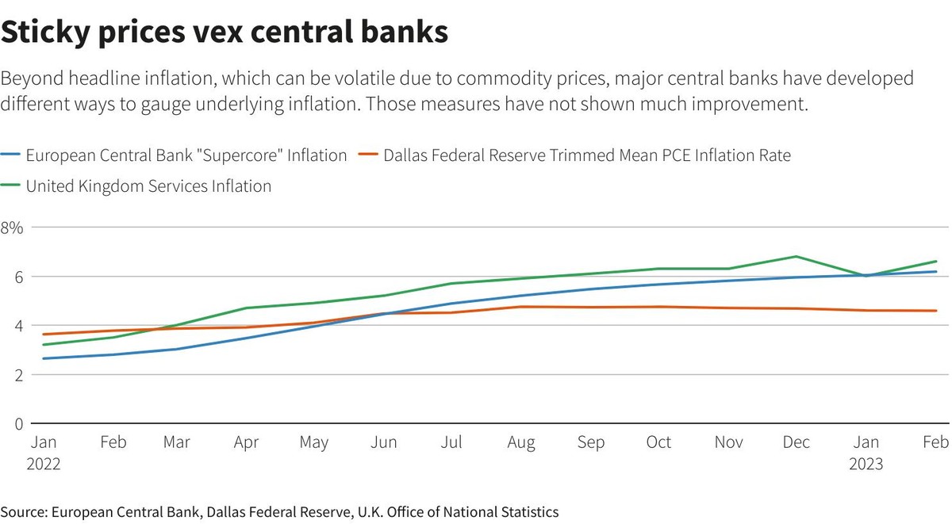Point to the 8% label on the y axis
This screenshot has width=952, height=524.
coord(13,228)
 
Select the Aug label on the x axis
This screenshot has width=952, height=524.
coord(521,443)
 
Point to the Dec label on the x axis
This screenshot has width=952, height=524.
coord(797,443)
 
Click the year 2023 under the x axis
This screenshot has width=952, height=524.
coord(866,464)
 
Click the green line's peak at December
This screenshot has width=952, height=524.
coord(797,257)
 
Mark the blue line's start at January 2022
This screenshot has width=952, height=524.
coord(43,358)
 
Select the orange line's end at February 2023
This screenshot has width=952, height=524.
coord(936,311)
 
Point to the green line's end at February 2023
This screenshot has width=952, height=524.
coord(936,262)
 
